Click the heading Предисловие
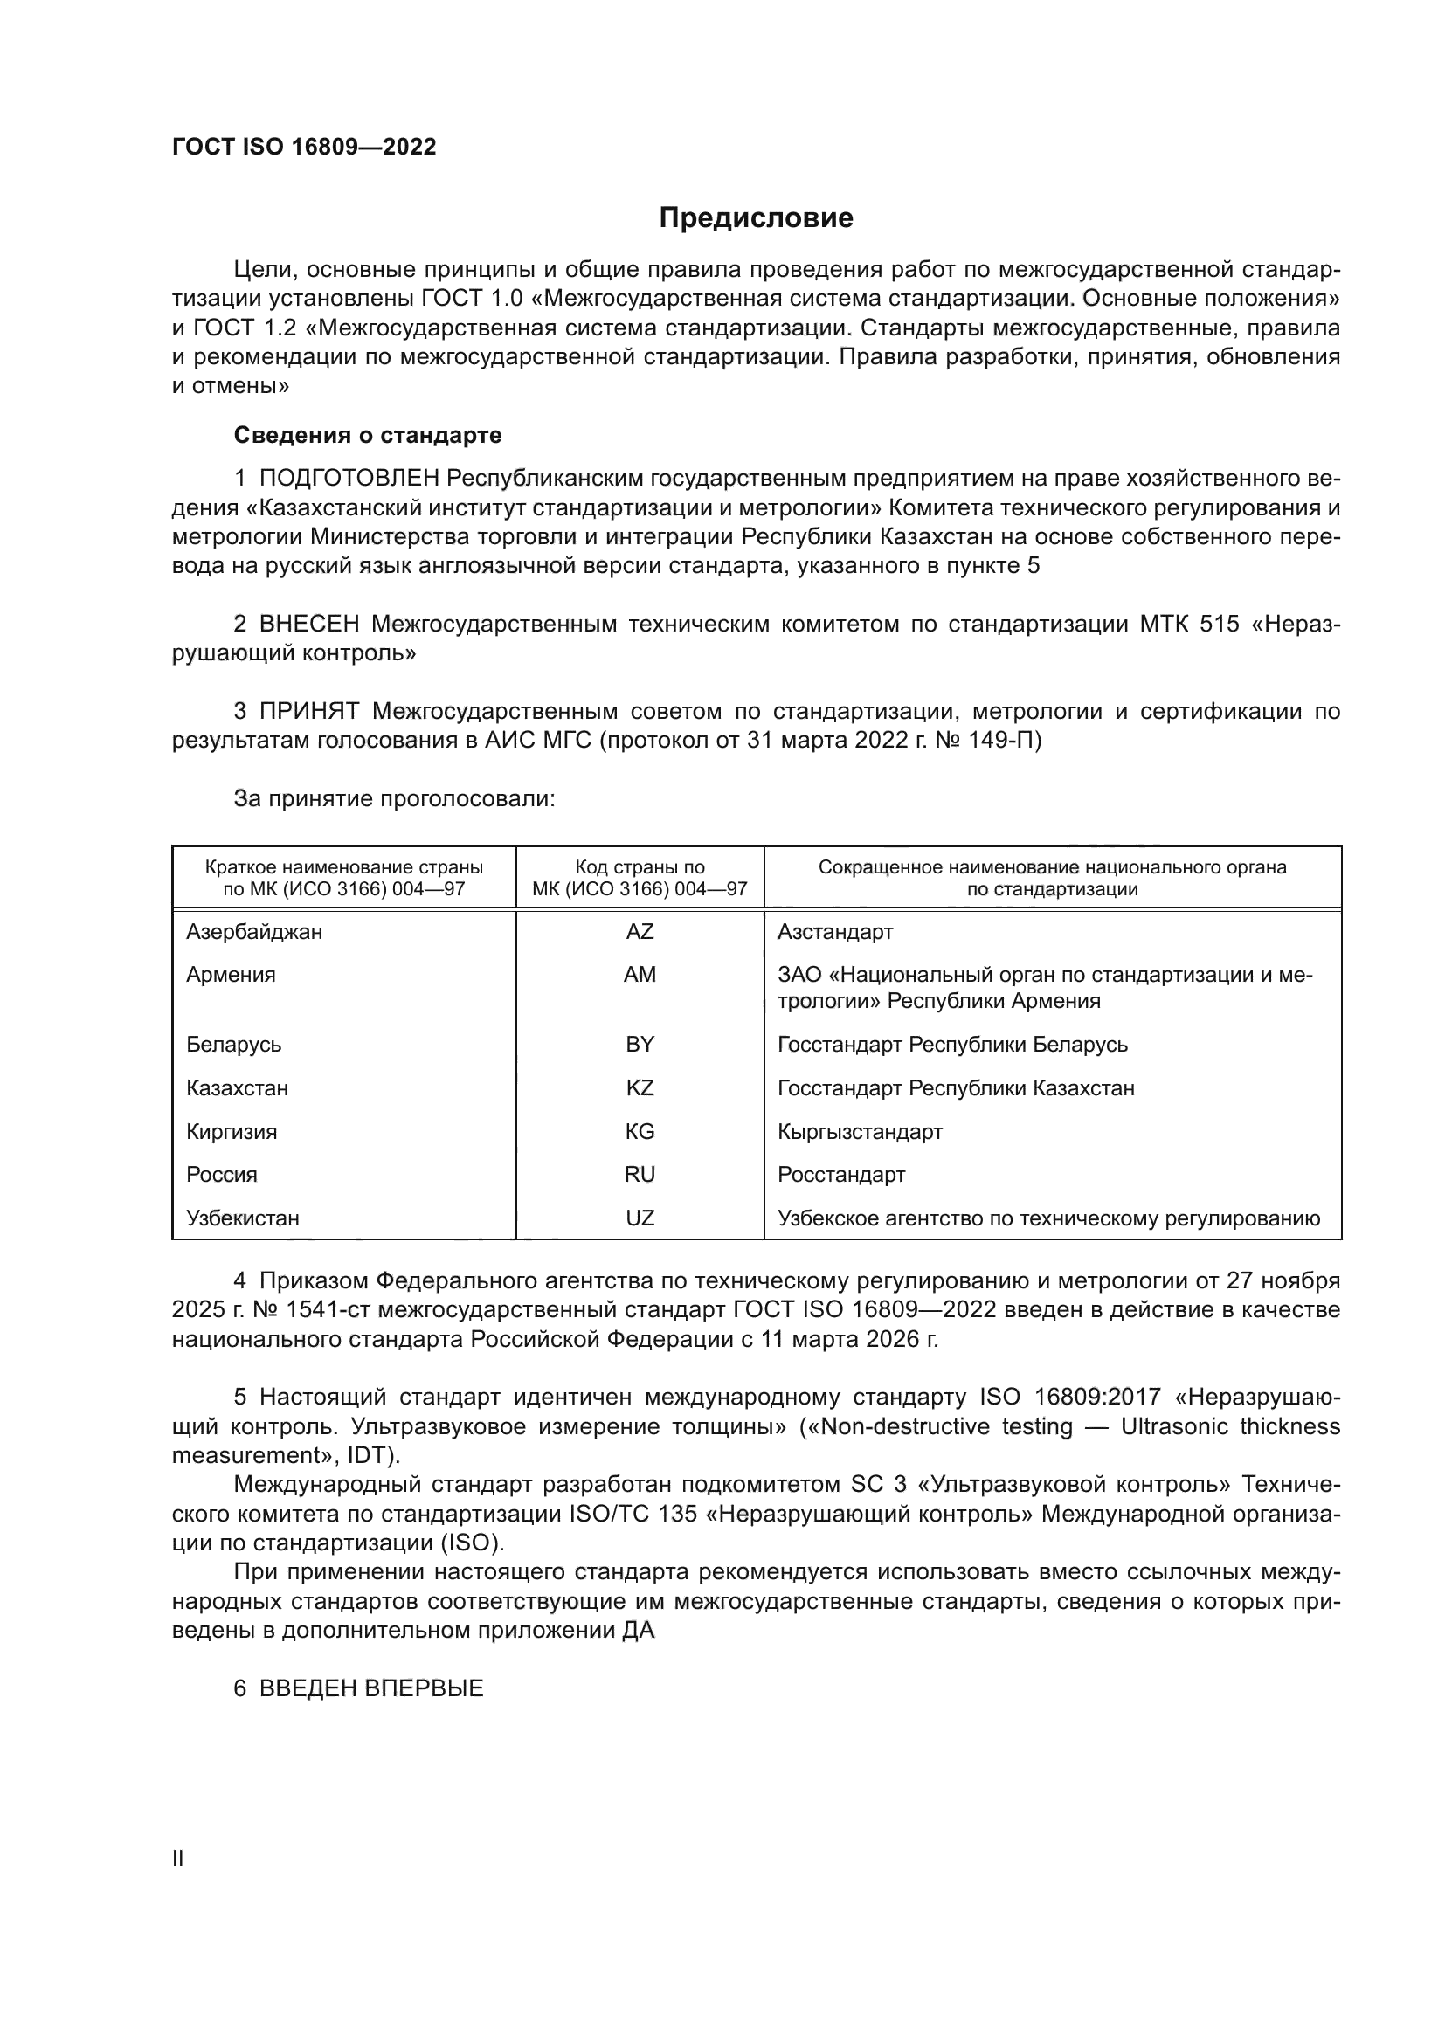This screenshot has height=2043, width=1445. [756, 218]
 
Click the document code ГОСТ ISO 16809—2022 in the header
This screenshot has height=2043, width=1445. [304, 147]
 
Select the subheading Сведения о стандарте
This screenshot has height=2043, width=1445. [368, 435]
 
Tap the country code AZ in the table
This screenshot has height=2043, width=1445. [640, 932]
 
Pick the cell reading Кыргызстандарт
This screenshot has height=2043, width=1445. [860, 1132]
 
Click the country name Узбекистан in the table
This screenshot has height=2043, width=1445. [243, 1218]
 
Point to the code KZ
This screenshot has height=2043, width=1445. [640, 1088]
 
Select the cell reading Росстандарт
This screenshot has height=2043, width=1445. [840, 1175]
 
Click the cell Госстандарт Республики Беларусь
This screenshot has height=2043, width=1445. [952, 1045]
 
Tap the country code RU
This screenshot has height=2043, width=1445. [640, 1175]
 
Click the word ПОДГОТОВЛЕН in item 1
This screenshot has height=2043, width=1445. [349, 479]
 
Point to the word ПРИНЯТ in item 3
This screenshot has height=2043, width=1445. [309, 711]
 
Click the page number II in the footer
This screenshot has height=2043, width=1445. [178, 1859]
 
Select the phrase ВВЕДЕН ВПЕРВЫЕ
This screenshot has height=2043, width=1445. [371, 1689]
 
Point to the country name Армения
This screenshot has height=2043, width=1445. [232, 976]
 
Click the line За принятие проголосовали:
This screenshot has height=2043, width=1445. [394, 799]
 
